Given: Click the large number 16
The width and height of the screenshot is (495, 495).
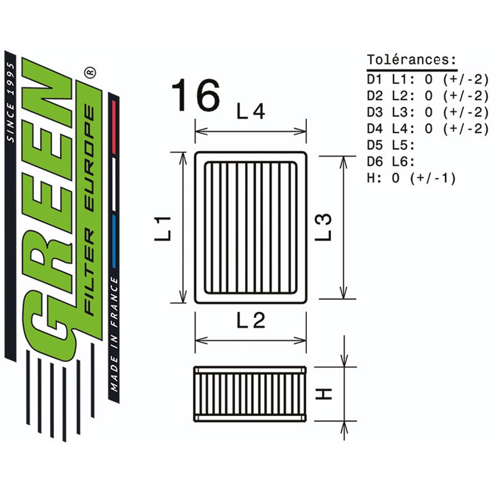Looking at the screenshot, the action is coord(196,95).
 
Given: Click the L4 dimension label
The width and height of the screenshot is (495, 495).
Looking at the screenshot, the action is coord(251,111).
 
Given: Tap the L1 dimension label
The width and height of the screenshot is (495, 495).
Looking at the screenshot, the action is coord(163,228).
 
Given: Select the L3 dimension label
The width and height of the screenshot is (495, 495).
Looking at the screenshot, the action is coord(323,227).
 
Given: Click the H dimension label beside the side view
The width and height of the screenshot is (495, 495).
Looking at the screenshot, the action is coord(323,394).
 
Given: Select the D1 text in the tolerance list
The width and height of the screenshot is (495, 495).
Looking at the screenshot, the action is coord(374,80).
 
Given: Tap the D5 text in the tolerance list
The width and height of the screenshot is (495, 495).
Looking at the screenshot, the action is coord(374,145).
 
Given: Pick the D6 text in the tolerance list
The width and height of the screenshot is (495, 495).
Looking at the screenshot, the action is coord(374,161).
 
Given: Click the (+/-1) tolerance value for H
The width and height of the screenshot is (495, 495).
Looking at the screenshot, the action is coord(433,178).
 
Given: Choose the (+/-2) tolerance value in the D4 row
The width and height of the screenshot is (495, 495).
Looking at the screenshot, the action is coord(466,129).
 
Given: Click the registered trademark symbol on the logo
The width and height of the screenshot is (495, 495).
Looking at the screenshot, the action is coord(90,72).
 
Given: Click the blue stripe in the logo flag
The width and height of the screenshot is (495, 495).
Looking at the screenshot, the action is coord(114,242).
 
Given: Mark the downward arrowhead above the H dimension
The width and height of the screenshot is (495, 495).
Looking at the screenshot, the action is coord(345,360).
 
